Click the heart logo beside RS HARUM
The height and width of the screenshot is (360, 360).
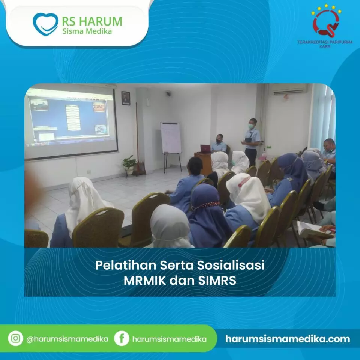[45, 24]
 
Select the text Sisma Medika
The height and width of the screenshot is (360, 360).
[87, 31]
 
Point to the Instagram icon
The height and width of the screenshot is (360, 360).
[15, 338]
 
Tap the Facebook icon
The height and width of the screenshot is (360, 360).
[121, 338]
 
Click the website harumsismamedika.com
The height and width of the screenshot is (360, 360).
[288, 339]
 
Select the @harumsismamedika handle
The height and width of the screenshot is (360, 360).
[67, 339]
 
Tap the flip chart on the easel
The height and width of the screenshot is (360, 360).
[171, 138]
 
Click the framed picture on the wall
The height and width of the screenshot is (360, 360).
[126, 98]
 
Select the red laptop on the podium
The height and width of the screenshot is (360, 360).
[205, 149]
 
